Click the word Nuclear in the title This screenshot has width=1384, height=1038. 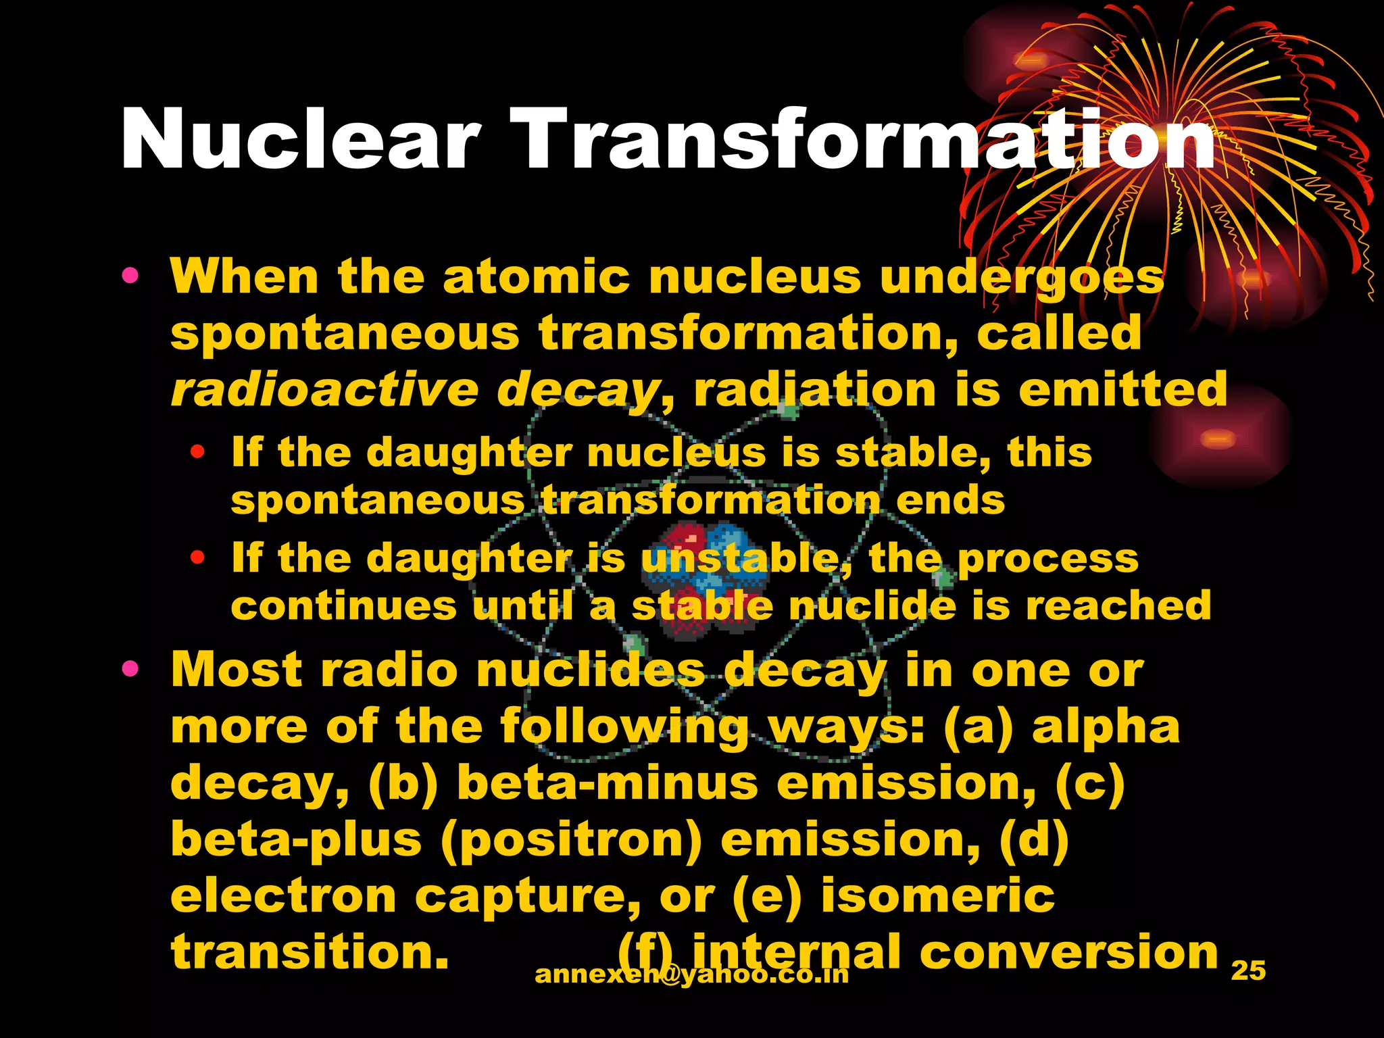tap(301, 140)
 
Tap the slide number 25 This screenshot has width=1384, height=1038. tap(1248, 970)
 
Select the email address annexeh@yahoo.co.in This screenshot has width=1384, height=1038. tap(691, 974)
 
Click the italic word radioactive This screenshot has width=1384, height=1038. tap(324, 390)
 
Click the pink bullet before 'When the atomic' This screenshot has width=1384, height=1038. tap(130, 276)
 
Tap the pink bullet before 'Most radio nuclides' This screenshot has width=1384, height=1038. tap(130, 669)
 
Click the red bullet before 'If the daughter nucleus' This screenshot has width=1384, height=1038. tap(197, 452)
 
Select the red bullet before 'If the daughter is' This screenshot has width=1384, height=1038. tap(197, 558)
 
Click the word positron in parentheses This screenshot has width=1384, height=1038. tap(572, 840)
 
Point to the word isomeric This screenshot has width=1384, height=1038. tap(937, 895)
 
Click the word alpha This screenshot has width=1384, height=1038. tap(1106, 727)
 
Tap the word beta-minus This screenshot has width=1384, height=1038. tap(608, 783)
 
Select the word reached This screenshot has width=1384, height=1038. tap(1118, 605)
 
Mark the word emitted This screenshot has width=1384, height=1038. tap(1122, 390)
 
